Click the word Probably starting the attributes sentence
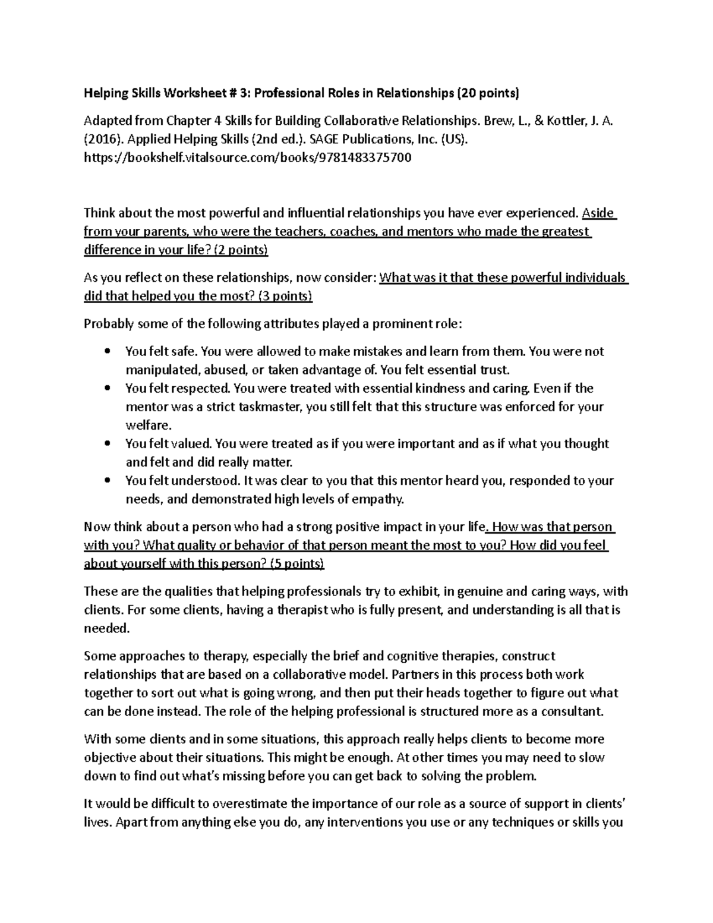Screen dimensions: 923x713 (x=109, y=324)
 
